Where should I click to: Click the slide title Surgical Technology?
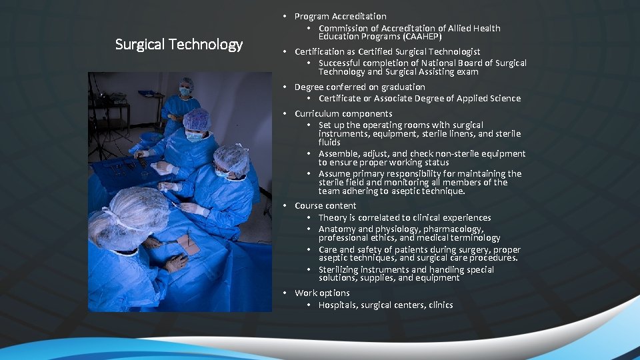pos(179,45)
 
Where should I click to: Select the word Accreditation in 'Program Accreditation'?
pos(359,16)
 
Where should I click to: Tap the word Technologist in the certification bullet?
pos(452,51)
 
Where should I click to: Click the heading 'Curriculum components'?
pos(343,113)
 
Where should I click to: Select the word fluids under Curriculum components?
pos(329,142)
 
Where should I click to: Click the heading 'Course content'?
pos(325,206)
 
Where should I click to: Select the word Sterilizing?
pos(341,270)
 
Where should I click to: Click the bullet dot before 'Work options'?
pos(285,293)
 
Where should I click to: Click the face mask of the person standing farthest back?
pos(184,91)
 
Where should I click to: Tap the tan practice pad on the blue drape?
pos(189,245)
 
